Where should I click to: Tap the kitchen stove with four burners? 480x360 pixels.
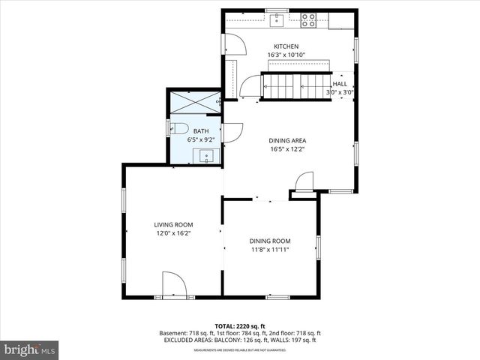308,21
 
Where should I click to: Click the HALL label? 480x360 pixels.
340,84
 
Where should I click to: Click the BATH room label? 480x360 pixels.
201,131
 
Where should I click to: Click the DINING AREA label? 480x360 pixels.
287,140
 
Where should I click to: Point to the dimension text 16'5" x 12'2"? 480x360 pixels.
287,148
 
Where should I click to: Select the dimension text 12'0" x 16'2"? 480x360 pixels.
174,233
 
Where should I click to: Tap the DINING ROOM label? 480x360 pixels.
270,241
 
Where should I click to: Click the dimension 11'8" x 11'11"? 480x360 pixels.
270,249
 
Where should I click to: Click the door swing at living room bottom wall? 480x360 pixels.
173,285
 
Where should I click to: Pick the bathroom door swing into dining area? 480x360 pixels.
232,132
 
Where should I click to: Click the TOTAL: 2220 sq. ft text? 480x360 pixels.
240,326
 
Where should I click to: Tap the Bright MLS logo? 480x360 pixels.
30,349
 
